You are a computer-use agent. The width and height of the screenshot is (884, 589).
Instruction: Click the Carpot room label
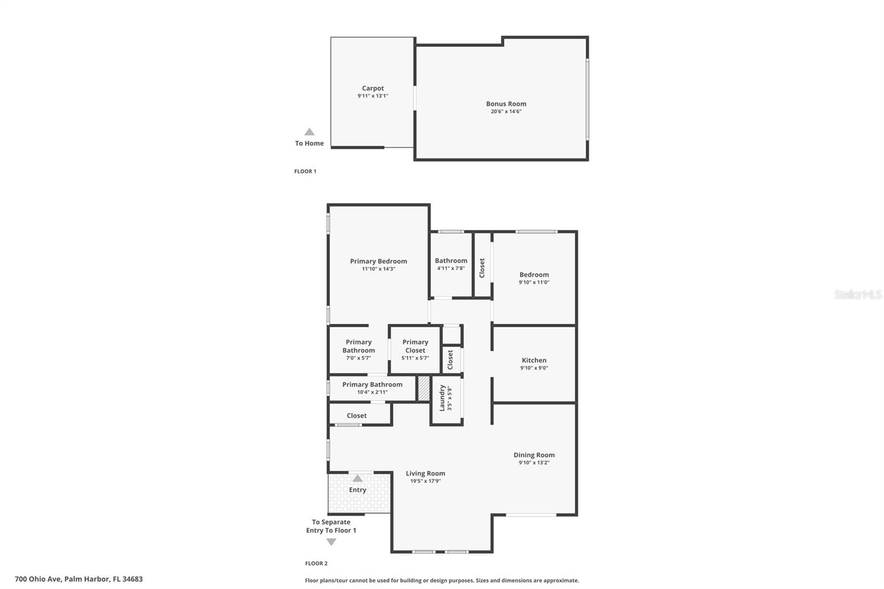pyautogui.click(x=373, y=88)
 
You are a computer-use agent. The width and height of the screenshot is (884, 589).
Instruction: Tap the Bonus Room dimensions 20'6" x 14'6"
pyautogui.click(x=506, y=112)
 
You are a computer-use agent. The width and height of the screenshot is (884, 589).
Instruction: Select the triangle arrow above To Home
pyautogui.click(x=309, y=132)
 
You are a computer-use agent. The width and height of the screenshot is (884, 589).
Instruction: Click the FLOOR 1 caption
pyautogui.click(x=305, y=171)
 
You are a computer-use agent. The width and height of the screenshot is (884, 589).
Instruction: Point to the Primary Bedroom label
pyautogui.click(x=378, y=261)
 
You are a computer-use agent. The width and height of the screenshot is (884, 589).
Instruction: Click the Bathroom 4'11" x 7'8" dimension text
pyautogui.click(x=451, y=269)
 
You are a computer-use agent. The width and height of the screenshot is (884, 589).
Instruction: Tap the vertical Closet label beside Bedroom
pyautogui.click(x=482, y=268)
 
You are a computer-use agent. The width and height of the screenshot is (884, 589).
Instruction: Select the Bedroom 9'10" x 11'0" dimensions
pyautogui.click(x=534, y=282)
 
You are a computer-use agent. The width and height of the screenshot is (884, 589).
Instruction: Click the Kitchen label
pyautogui.click(x=534, y=360)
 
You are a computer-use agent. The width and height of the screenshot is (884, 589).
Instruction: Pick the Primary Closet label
pyautogui.click(x=415, y=346)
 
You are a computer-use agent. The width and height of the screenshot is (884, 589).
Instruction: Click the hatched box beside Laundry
pyautogui.click(x=424, y=388)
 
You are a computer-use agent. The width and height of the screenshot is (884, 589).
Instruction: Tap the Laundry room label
pyautogui.click(x=442, y=398)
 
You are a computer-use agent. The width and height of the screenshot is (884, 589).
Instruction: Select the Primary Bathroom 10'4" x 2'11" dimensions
pyautogui.click(x=372, y=392)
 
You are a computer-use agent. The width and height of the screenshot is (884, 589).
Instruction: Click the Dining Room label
pyautogui.click(x=534, y=455)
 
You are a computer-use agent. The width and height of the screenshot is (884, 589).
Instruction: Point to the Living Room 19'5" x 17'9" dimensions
pyautogui.click(x=425, y=481)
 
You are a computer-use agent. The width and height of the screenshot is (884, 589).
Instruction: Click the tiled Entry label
pyautogui.click(x=357, y=490)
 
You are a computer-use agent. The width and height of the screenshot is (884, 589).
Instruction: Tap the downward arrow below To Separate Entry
pyautogui.click(x=331, y=542)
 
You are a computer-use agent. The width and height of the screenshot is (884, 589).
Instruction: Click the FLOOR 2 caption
pyautogui.click(x=316, y=564)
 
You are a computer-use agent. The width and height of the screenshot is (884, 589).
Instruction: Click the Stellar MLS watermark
pyautogui.click(x=857, y=294)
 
